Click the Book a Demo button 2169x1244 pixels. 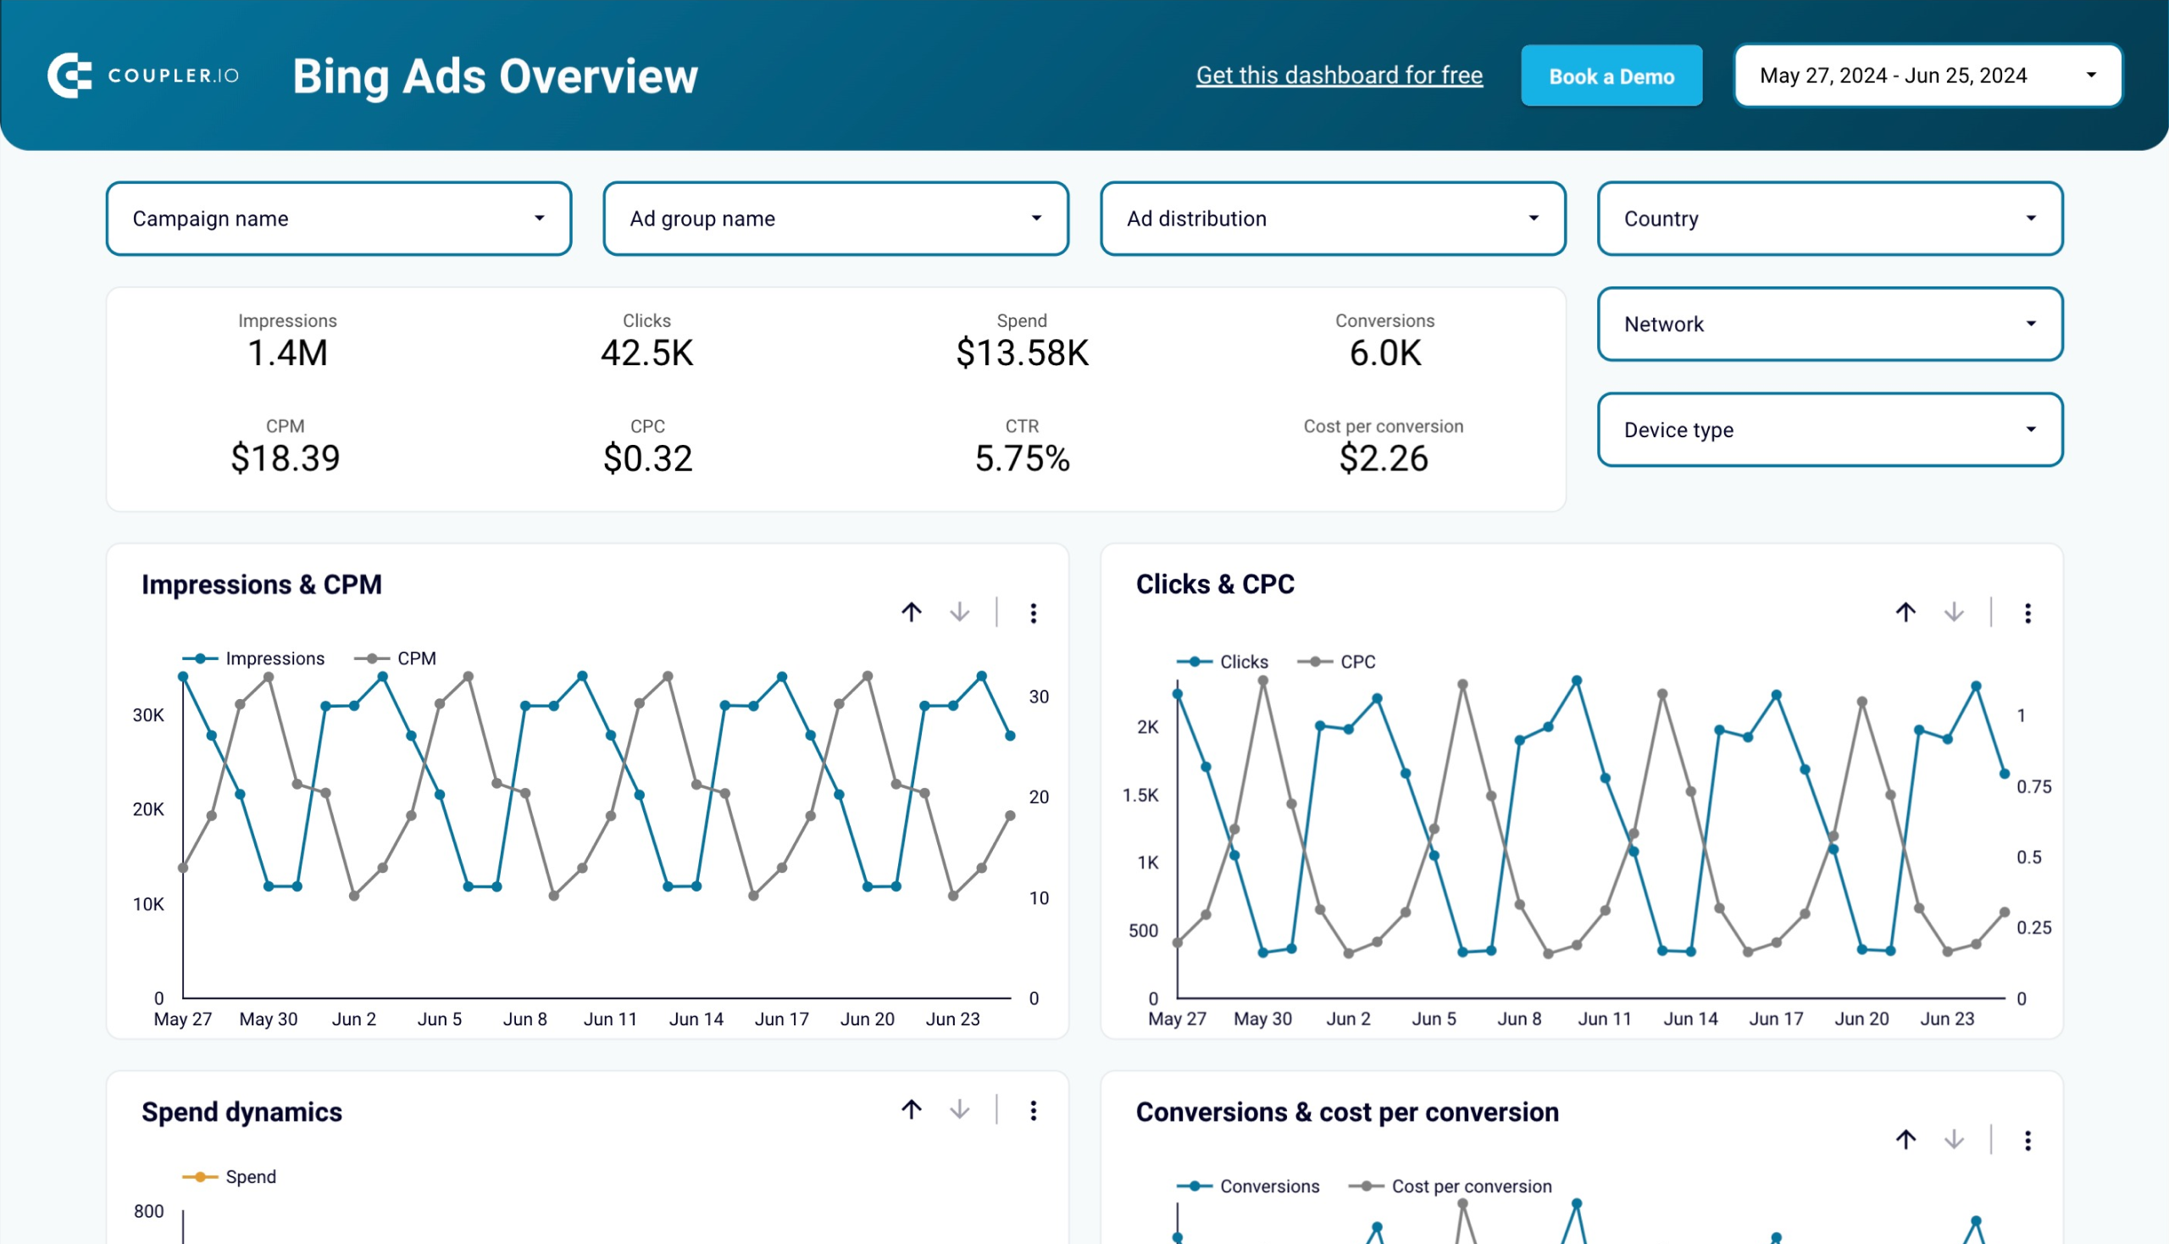point(1611,76)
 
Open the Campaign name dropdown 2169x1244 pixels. point(338,219)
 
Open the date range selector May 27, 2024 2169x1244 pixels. point(1927,76)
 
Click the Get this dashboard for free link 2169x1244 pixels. point(1339,75)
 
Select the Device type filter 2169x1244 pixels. point(1829,430)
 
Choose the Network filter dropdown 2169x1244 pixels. point(1829,324)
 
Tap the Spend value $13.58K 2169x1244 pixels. point(1022,353)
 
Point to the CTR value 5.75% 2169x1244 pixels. point(1022,458)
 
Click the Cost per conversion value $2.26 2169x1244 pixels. point(1382,458)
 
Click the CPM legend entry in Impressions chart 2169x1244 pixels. point(415,658)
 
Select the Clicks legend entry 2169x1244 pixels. point(1242,662)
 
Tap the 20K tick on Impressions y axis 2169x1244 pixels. point(147,809)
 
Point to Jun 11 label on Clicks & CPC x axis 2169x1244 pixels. point(1604,1019)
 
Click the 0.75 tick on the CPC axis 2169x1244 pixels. point(2033,787)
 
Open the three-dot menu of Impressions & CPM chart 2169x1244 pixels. point(1033,613)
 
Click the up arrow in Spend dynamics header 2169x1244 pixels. point(911,1110)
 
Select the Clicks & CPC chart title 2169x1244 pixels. point(1214,585)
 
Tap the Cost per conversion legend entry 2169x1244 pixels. point(1469,1186)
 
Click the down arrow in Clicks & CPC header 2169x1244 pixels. point(1953,613)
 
